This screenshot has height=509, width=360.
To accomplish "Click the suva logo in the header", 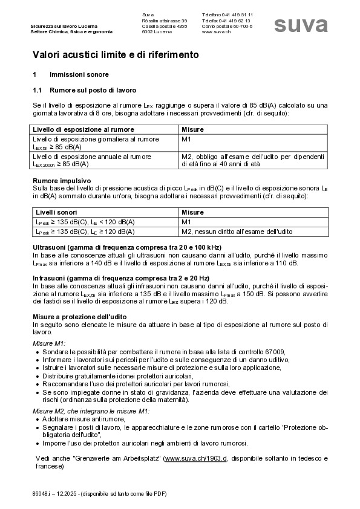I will coord(301,24).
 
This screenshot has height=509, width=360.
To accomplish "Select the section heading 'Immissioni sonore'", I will coord(79,75).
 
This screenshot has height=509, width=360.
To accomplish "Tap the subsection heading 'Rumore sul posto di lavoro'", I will coord(93,90).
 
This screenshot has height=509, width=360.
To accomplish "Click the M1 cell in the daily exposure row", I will coord(186,139).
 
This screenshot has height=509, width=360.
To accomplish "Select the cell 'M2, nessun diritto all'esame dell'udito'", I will coord(237,232).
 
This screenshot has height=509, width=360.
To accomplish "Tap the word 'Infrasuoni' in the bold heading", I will coord(50,277).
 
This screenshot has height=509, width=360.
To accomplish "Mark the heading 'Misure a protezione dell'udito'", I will coord(79,317).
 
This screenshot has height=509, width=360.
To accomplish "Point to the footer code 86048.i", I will coord(42,494).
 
